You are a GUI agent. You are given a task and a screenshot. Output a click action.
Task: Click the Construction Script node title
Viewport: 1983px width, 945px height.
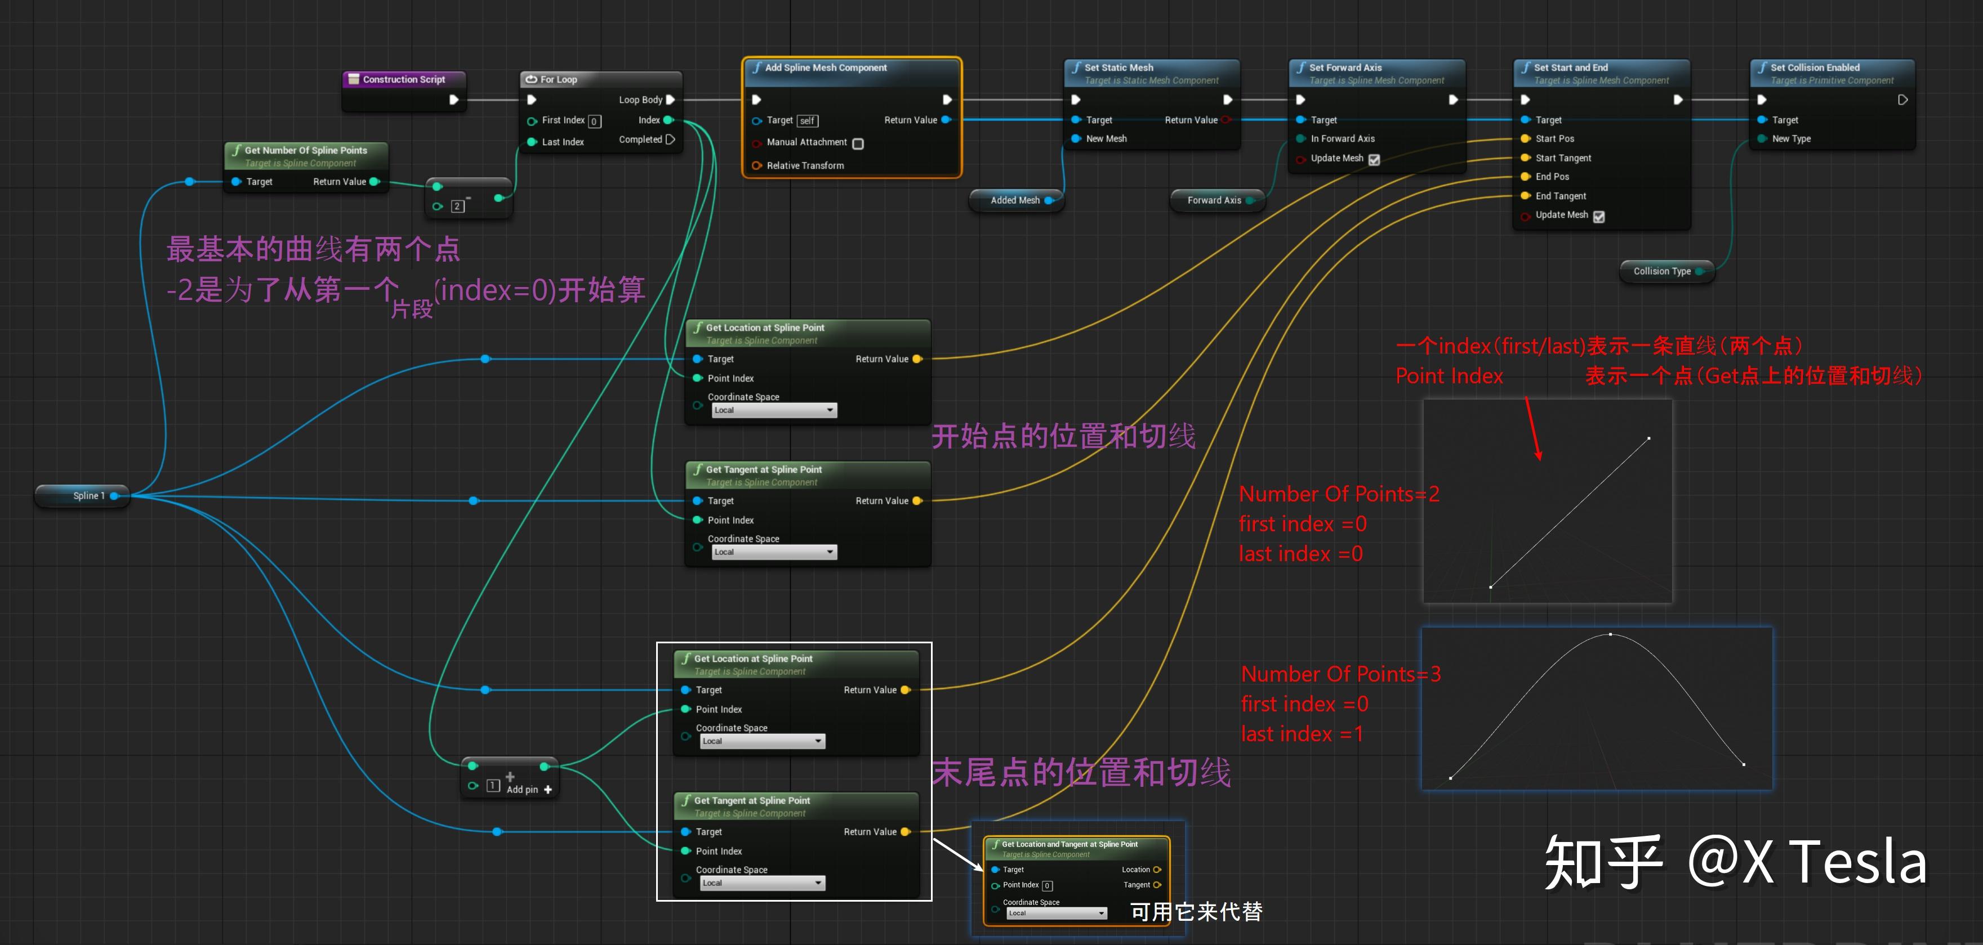pyautogui.click(x=403, y=79)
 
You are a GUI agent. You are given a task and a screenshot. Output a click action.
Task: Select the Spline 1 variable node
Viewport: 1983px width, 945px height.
pyautogui.click(x=88, y=496)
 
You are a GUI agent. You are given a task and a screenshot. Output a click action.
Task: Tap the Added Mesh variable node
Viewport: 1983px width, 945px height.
pyautogui.click(x=1015, y=200)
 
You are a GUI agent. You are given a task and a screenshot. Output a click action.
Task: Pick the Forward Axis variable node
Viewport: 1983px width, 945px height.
pyautogui.click(x=1214, y=200)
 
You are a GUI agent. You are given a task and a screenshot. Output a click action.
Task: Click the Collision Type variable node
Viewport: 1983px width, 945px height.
pyautogui.click(x=1662, y=271)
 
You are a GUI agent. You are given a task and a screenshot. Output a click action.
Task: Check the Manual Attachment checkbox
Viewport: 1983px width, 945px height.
pyautogui.click(x=858, y=143)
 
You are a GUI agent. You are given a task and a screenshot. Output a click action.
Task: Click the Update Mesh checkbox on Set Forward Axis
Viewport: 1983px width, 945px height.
pyautogui.click(x=1374, y=159)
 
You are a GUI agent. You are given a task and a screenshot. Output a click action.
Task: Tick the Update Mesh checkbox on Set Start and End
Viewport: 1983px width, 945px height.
pyautogui.click(x=1599, y=216)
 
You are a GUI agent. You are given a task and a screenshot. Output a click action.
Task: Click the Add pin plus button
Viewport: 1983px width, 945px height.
pyautogui.click(x=547, y=790)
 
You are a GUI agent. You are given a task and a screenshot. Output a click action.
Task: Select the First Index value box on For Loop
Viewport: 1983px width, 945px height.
pyautogui.click(x=594, y=121)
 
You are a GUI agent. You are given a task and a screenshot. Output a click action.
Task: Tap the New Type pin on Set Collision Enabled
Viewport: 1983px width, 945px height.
pyautogui.click(x=1762, y=138)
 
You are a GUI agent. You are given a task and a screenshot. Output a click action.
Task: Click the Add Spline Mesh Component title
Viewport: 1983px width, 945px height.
pyautogui.click(x=825, y=68)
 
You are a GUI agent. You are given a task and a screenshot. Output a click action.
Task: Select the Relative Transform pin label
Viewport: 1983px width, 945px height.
pyautogui.click(x=805, y=165)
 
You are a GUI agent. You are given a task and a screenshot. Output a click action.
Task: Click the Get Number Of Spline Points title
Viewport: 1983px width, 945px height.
pyautogui.click(x=306, y=150)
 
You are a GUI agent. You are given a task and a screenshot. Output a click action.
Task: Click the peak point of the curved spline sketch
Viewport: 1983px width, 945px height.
pyautogui.click(x=1610, y=634)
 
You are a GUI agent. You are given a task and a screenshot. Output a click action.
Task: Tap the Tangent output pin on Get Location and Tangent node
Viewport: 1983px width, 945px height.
pyautogui.click(x=1157, y=885)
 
